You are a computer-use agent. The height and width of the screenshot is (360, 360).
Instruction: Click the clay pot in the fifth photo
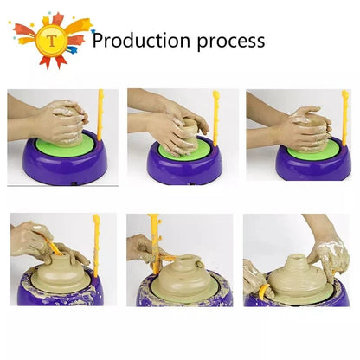[x=179, y=274]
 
